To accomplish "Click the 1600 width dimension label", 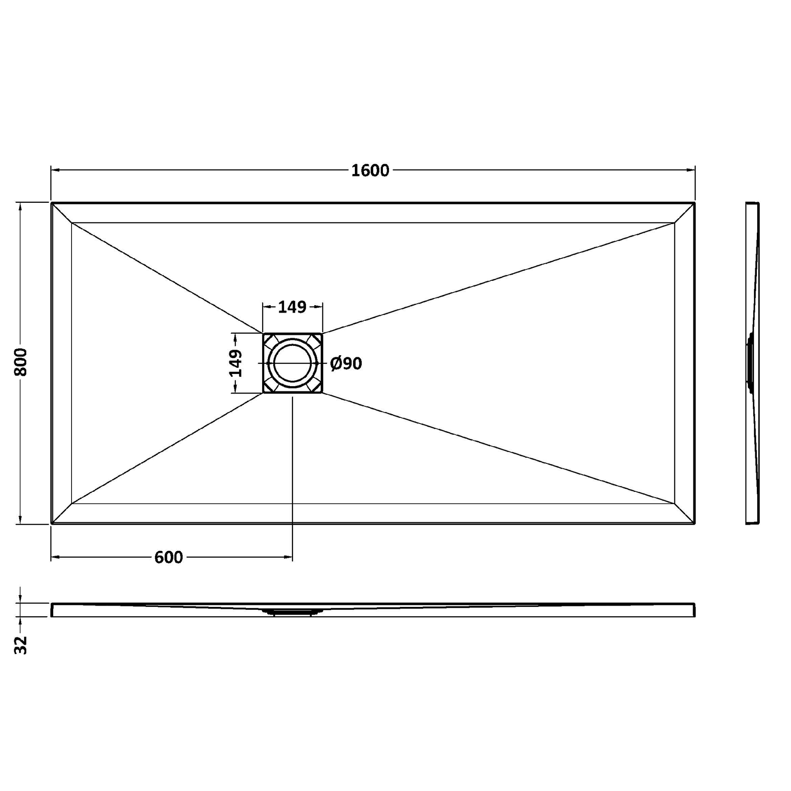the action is (370, 171).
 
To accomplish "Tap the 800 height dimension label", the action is (20, 362).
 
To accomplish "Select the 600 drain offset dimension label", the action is (169, 557).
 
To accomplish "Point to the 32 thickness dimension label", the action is (20, 645).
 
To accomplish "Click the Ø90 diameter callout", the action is (346, 363).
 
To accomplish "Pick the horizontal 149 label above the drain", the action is (292, 307).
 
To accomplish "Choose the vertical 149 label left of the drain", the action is (235, 363).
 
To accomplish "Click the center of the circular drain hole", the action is (292, 363).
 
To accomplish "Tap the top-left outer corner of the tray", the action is (51, 203).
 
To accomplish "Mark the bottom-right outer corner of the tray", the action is (695, 524).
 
